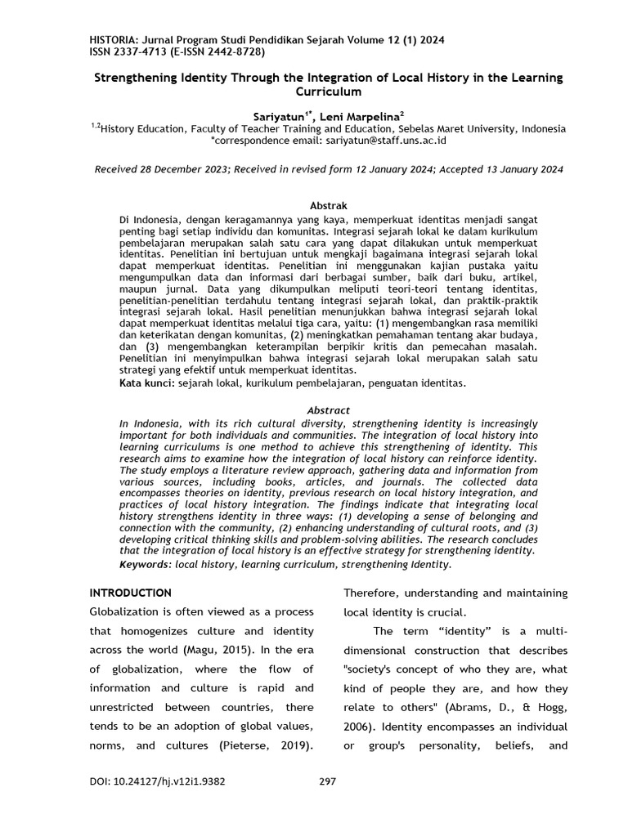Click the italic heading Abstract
pyautogui.click(x=328, y=410)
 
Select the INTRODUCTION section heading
pyautogui.click(x=130, y=593)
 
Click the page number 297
pyautogui.click(x=327, y=781)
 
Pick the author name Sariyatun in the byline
pyautogui.click(x=279, y=117)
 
